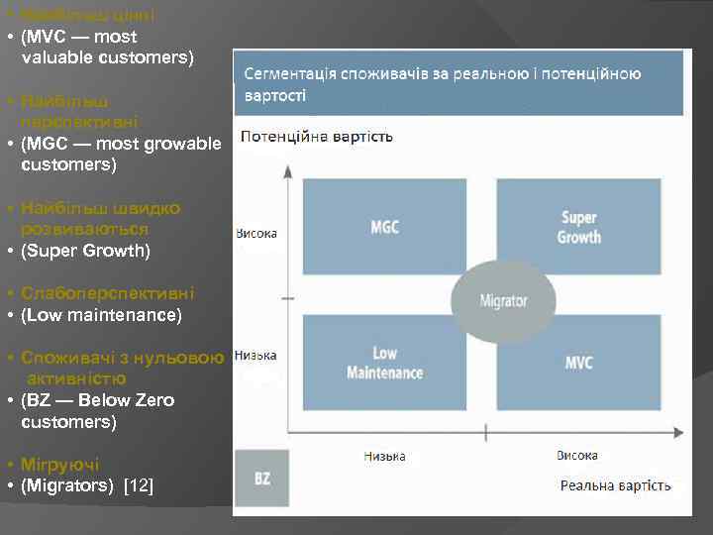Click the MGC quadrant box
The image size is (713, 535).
[x=384, y=227]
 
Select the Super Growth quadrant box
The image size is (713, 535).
[x=578, y=227]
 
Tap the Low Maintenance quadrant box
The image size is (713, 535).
[x=384, y=363]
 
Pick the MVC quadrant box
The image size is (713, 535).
[x=578, y=363]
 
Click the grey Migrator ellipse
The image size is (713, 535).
[x=503, y=301]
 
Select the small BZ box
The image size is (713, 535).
[x=261, y=478]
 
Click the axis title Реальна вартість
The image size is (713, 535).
[x=615, y=485]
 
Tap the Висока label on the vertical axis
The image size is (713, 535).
[x=256, y=235]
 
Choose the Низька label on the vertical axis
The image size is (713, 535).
[x=255, y=356]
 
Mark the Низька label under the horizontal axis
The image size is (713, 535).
[x=384, y=457]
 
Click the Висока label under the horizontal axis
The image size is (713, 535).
[x=576, y=456]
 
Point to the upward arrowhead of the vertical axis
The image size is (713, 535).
[x=286, y=169]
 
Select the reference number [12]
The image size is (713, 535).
[x=138, y=485]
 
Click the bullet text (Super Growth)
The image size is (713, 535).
[x=85, y=251]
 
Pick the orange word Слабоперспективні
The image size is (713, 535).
[x=108, y=293]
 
